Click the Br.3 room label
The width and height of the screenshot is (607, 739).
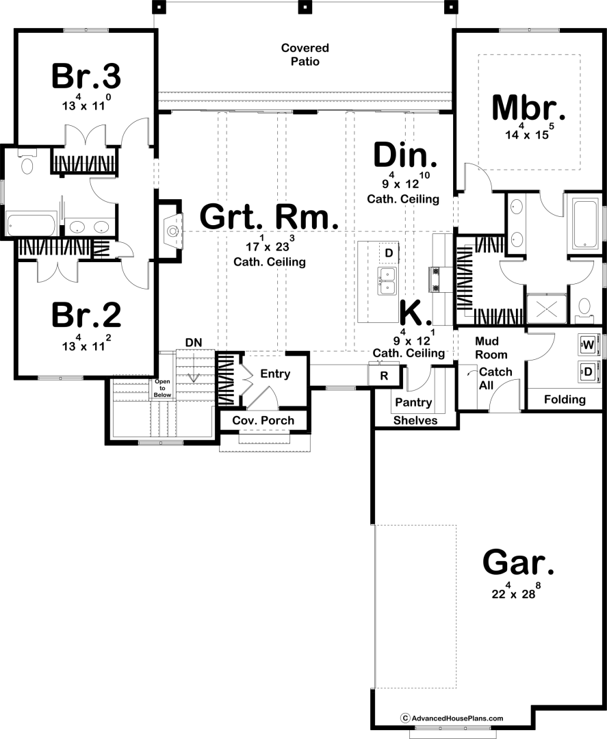click(86, 77)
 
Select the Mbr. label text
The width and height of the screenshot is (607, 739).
click(528, 107)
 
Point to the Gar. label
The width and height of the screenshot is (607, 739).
click(519, 562)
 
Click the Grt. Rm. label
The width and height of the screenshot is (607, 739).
click(269, 217)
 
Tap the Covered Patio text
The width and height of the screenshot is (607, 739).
click(305, 55)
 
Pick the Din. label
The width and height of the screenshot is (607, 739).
click(405, 155)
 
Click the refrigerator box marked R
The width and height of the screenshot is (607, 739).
click(384, 376)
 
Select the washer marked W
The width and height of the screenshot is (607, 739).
click(588, 344)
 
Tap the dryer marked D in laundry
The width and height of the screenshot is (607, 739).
click(588, 372)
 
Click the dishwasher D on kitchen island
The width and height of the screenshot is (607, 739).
click(389, 253)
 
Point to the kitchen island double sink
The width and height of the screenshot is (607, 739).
click(387, 281)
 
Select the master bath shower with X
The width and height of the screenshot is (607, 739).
click(546, 309)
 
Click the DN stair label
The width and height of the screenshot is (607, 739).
click(194, 343)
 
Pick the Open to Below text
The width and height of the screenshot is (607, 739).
click(163, 389)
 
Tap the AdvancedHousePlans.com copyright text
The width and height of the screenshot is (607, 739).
click(452, 718)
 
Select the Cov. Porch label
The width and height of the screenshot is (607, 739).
click(263, 420)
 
